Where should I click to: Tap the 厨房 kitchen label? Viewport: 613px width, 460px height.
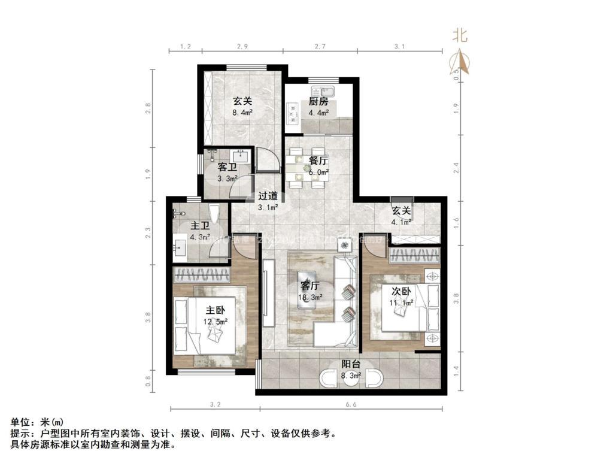click(318, 107)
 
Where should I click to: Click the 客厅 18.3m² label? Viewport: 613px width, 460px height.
click(311, 290)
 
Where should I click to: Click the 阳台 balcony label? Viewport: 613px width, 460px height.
click(351, 370)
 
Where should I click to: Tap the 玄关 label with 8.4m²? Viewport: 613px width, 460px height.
click(242, 106)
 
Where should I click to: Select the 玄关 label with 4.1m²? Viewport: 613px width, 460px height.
click(402, 216)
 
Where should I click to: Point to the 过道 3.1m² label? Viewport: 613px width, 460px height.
click(268, 201)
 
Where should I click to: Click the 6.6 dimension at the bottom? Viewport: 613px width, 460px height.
click(351, 405)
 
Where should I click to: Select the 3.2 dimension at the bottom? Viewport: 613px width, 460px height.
click(215, 405)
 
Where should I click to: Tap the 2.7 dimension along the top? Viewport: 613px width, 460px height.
click(320, 46)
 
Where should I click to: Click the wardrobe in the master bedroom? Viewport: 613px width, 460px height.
click(201, 276)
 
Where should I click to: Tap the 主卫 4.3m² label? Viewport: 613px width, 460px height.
click(199, 231)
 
